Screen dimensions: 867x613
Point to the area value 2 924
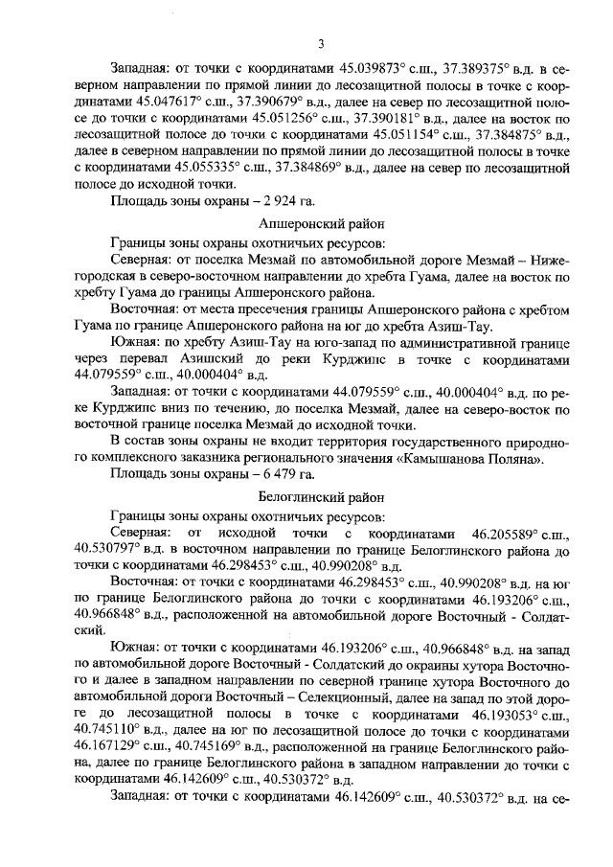(x=266, y=200)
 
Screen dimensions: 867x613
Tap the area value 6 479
(x=267, y=475)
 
